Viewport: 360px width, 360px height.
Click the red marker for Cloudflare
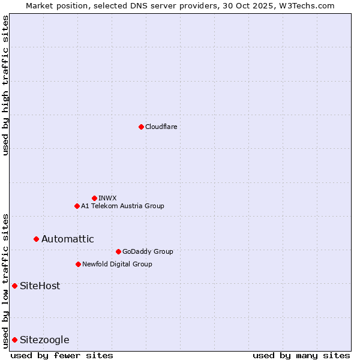(x=141, y=127)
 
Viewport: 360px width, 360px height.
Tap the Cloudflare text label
(x=161, y=127)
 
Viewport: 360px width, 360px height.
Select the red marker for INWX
(x=94, y=198)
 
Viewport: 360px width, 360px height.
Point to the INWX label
(x=108, y=198)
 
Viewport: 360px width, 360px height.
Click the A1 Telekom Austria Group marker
(x=77, y=206)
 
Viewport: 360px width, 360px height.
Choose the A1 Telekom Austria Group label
(x=122, y=206)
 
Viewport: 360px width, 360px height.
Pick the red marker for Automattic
(x=36, y=239)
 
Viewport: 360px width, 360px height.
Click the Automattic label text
(x=67, y=239)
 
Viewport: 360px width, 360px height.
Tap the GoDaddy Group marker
(x=118, y=251)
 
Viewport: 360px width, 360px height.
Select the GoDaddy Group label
(x=148, y=251)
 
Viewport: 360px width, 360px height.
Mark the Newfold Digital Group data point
(x=78, y=264)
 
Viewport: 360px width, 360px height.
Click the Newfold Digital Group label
(x=117, y=264)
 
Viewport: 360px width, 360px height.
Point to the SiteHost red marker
(x=14, y=286)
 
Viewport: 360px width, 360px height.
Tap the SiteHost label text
(x=40, y=286)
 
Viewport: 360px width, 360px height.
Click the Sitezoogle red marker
(x=14, y=340)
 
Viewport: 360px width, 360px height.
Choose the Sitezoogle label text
(x=44, y=340)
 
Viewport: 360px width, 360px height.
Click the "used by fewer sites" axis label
(x=62, y=355)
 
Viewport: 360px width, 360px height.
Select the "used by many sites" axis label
(x=301, y=355)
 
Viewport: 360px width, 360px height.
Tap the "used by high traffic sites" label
(x=5, y=85)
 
